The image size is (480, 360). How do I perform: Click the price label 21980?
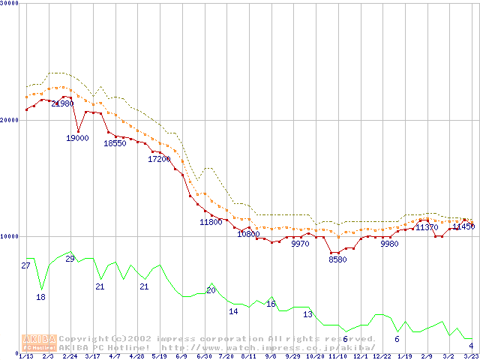[62, 104]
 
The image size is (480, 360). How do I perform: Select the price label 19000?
[77, 138]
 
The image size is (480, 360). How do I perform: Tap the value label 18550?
[115, 143]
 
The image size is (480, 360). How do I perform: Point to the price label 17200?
[159, 159]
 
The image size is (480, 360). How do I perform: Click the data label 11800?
[211, 222]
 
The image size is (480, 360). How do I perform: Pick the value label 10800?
[248, 234]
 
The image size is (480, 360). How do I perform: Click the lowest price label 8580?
[337, 259]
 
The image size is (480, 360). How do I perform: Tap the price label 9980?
[389, 244]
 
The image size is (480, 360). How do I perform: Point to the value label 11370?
[427, 227]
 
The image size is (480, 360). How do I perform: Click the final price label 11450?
[463, 226]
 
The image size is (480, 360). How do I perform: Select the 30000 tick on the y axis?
[10, 4]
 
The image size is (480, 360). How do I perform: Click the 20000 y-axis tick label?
[10, 120]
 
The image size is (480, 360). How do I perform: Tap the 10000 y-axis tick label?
[10, 236]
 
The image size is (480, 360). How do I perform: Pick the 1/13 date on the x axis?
[25, 357]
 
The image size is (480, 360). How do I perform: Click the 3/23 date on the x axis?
[471, 357]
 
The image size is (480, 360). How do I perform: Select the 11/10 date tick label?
[337, 357]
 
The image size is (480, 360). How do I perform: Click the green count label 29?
[70, 259]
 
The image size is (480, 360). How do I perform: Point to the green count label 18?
[40, 297]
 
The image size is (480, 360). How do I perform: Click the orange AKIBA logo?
[40, 342]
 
